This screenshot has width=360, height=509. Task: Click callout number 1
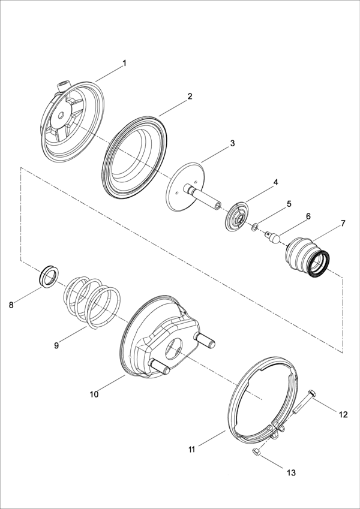pos(124,63)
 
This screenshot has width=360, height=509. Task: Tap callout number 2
pos(190,96)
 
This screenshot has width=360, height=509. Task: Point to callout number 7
pos(343,224)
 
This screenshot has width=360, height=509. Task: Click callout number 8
pos(11,305)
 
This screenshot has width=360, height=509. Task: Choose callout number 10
pos(94,394)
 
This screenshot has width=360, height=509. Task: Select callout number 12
pos(343,414)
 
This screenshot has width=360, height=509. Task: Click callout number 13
pos(291,473)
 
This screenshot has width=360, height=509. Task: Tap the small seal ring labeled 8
pos(48,276)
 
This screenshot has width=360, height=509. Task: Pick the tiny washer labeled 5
pos(256,227)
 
